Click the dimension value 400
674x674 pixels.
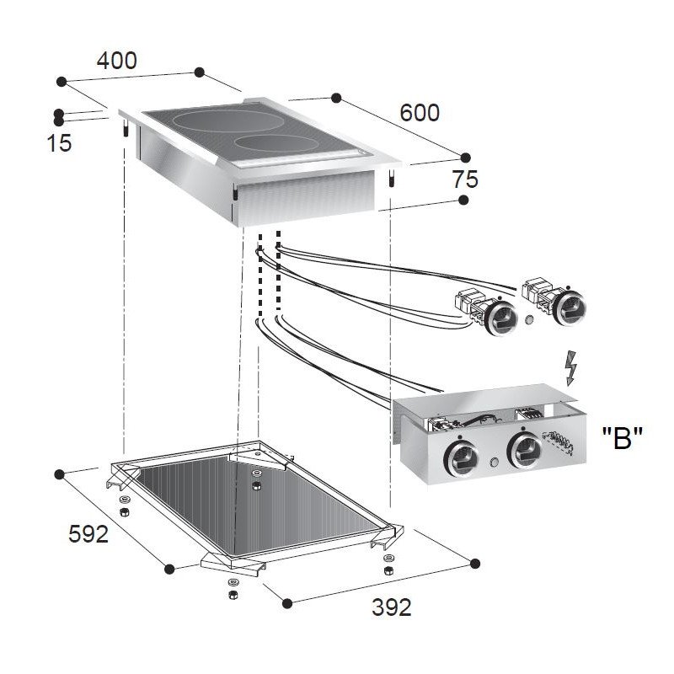click(116, 61)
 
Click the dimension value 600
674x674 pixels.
click(420, 113)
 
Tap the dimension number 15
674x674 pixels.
click(59, 143)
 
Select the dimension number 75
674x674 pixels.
click(465, 179)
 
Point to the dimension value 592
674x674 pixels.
click(88, 534)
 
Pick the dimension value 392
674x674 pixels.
click(392, 607)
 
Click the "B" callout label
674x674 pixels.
click(622, 437)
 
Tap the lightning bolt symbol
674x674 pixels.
click(570, 368)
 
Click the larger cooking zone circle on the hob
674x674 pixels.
click(222, 120)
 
